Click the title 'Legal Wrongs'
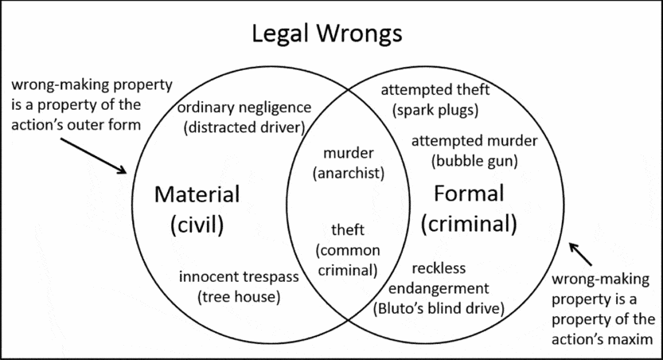click(x=327, y=34)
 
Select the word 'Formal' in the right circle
click(x=469, y=193)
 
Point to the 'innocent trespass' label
click(x=239, y=277)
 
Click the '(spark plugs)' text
click(x=435, y=109)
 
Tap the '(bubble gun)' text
click(x=474, y=160)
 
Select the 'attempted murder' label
click(x=474, y=141)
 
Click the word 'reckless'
click(x=439, y=268)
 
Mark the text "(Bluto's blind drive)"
click(x=439, y=307)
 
